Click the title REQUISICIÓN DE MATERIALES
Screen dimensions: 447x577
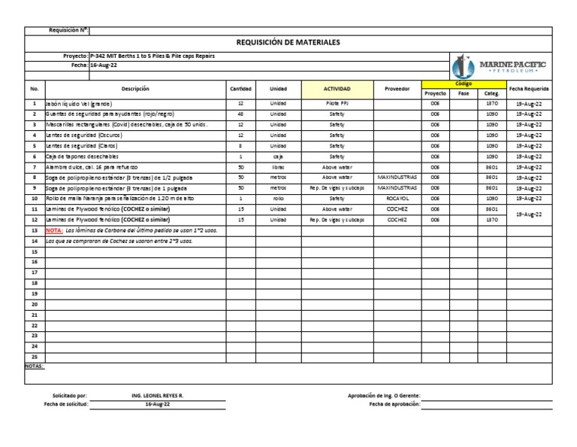pos(288,43)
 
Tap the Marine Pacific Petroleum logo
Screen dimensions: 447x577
pos(499,67)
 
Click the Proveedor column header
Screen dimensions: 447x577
pos(397,88)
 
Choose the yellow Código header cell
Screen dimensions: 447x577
pos(464,84)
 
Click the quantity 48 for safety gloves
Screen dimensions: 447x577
pos(240,113)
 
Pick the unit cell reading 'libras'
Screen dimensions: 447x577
pos(278,166)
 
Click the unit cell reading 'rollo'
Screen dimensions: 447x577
pos(278,198)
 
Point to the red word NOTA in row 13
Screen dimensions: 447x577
pos(54,230)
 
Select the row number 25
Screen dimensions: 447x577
pos(34,357)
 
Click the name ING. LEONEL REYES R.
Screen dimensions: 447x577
pos(157,394)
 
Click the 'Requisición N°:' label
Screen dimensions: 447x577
pos(68,30)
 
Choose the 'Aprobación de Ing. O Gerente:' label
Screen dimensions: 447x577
pos(384,394)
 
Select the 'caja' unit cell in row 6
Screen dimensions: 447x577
pos(278,156)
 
